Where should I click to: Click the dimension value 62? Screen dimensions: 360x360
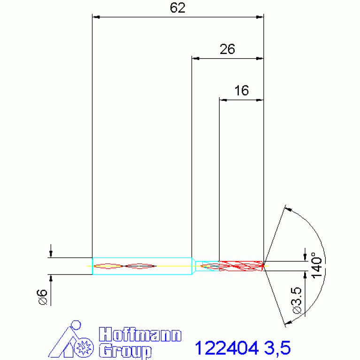point(178,8)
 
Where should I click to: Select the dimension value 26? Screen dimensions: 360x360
point(227,49)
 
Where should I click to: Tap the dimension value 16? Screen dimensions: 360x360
point(241,91)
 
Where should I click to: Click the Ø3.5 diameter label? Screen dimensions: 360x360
point(297,301)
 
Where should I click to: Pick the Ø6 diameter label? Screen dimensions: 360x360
point(43,298)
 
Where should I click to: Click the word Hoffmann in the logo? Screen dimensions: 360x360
point(140,335)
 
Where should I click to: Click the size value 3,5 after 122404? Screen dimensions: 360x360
point(277,348)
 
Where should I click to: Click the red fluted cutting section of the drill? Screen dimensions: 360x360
point(241,266)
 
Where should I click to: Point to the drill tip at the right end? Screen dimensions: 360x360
point(263,266)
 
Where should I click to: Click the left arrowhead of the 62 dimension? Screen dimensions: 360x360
point(96,17)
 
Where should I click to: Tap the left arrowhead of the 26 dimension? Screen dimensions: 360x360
point(195,59)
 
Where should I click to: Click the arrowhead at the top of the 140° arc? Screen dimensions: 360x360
point(288,209)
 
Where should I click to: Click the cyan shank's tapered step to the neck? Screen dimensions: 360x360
point(193,266)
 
